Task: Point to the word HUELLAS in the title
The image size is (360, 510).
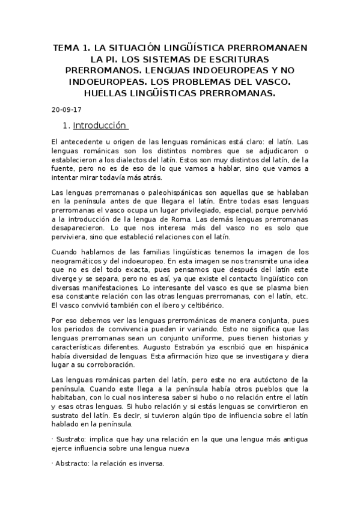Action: tap(112, 93)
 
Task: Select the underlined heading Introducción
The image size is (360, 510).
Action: tap(100, 126)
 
